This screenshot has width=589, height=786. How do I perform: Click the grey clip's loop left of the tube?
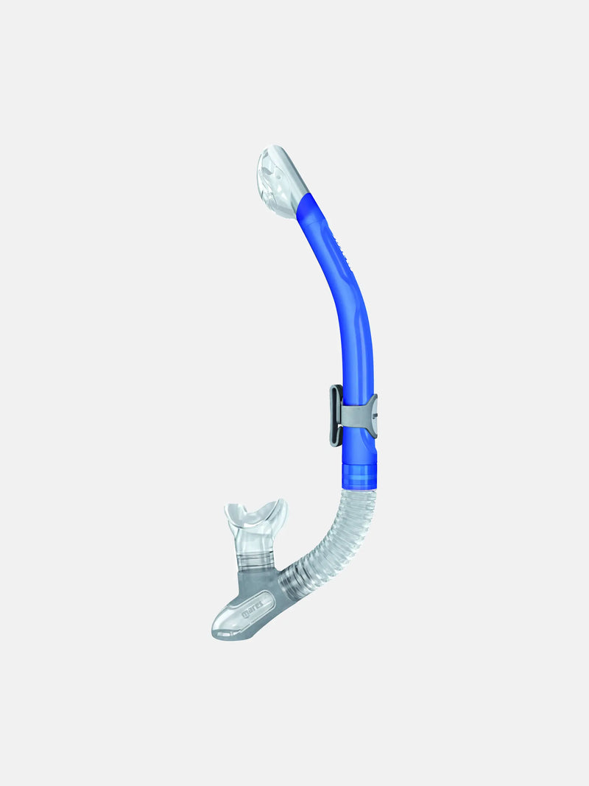pyautogui.click(x=335, y=416)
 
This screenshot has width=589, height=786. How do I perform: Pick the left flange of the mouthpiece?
pyautogui.click(x=234, y=511)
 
